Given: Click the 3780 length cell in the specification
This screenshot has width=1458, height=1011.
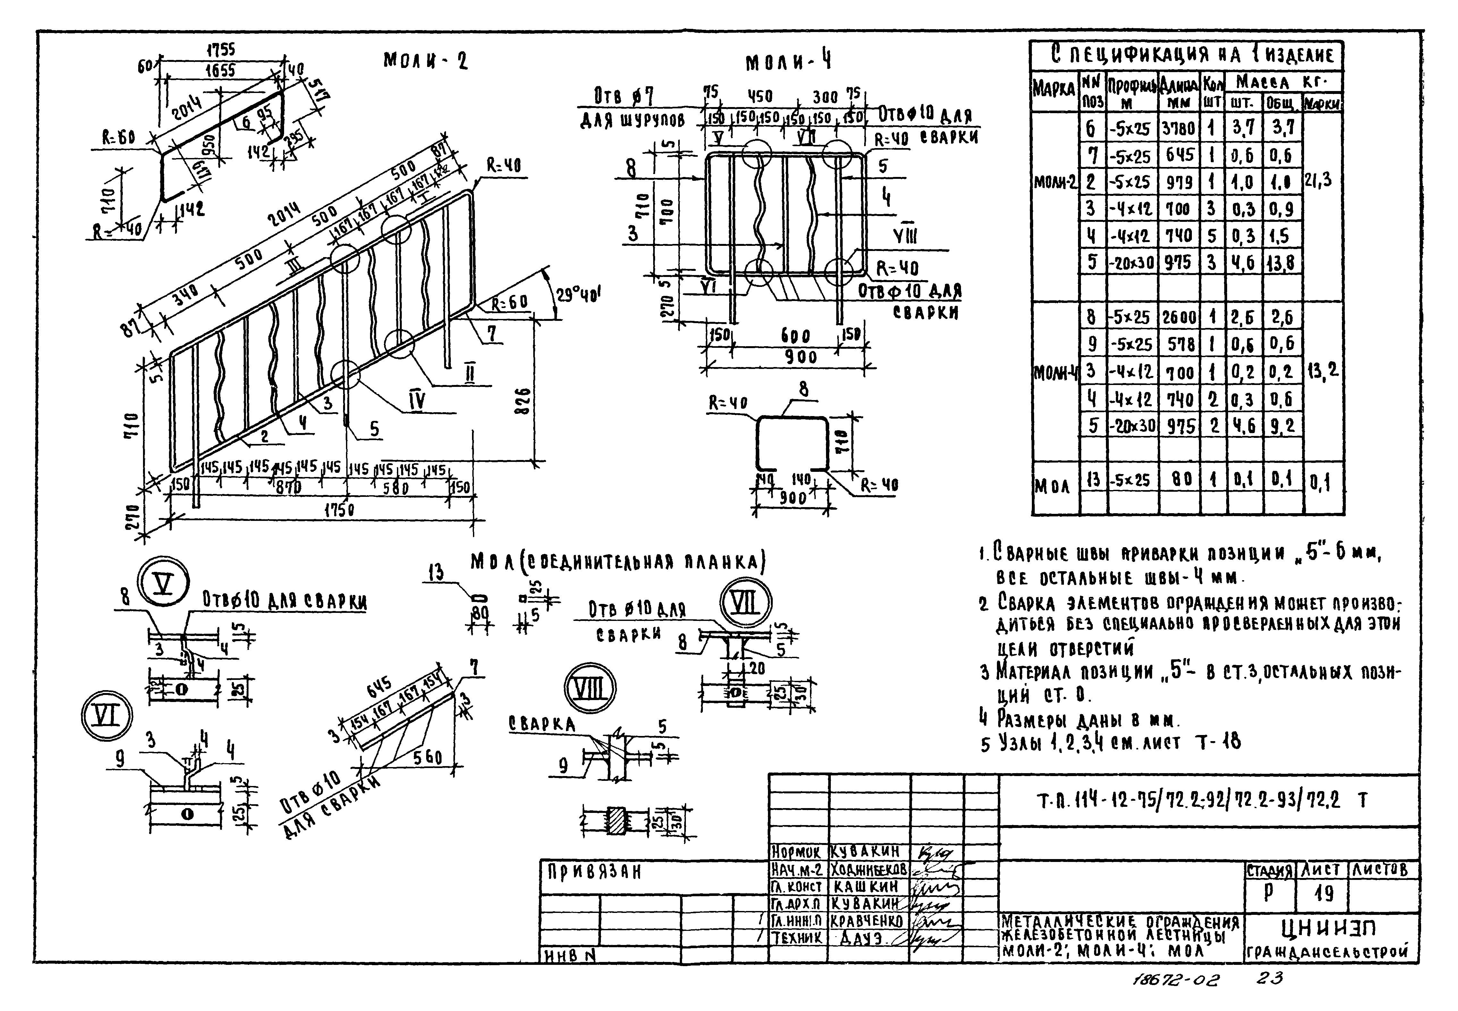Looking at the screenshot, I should (1179, 129).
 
